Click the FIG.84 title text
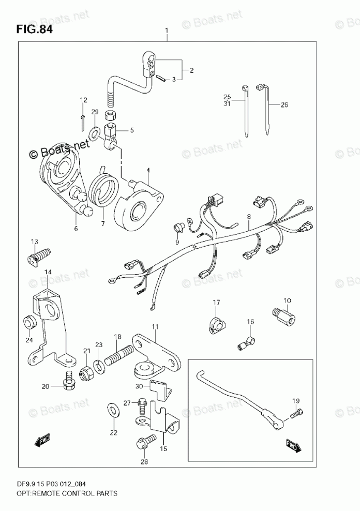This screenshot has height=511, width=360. pos(34,29)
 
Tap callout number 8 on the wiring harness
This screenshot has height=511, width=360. pos(249,218)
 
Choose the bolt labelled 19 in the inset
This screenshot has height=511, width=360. pos(297,413)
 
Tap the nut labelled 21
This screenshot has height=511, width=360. pos(86,372)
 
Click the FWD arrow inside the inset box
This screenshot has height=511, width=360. pos(293,446)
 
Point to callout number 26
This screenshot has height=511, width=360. pos(284,106)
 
